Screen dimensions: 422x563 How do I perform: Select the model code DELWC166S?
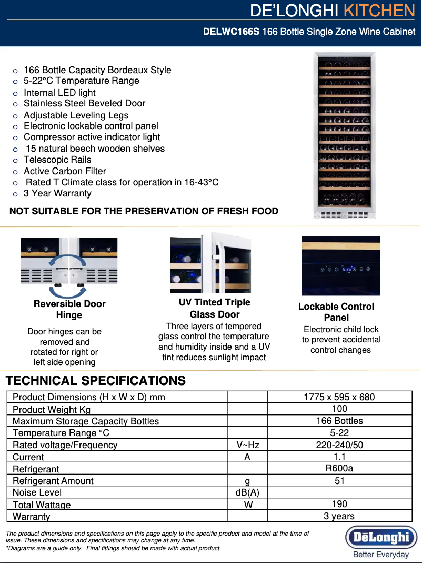[x=231, y=32]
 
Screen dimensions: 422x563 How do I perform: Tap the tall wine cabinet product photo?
[x=345, y=135]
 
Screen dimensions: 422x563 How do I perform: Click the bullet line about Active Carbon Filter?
[x=65, y=171]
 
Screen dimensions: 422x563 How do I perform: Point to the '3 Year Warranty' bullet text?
[x=57, y=193]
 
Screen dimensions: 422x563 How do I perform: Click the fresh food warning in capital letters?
[x=144, y=211]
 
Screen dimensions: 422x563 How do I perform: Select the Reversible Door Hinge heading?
[x=69, y=309]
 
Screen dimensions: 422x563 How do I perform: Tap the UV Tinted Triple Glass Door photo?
[x=210, y=264]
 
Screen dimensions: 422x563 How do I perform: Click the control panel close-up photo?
[x=340, y=265]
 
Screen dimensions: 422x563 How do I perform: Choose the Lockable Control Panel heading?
[x=336, y=312]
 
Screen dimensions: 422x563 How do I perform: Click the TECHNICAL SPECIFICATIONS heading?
[x=95, y=381]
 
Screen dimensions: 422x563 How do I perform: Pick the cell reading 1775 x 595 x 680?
[x=339, y=397]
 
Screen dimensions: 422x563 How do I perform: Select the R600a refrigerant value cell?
[x=339, y=468]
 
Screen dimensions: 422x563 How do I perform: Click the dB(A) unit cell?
[x=247, y=492]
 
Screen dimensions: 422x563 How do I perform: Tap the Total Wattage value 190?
[x=339, y=504]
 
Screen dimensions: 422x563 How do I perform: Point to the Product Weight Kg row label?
[x=52, y=409]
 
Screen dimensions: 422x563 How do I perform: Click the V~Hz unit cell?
[x=247, y=445]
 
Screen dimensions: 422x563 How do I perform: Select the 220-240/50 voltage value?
[x=339, y=445]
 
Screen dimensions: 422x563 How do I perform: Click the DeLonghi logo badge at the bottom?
[x=381, y=538]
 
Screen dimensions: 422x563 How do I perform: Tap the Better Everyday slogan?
[x=381, y=555]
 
